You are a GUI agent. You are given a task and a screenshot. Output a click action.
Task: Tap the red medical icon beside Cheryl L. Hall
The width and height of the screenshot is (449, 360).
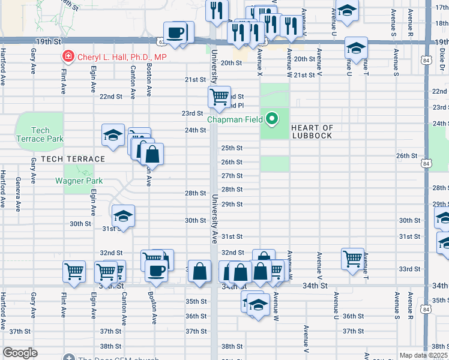pyautogui.click(x=68, y=57)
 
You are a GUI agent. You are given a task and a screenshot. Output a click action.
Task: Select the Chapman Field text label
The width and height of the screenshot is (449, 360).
pyautogui.click(x=235, y=119)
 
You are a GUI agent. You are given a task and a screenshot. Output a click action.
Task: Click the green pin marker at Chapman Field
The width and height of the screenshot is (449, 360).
pyautogui.click(x=273, y=119)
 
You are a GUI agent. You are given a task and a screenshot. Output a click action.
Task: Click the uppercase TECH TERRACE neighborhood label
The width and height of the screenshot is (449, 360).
pyautogui.click(x=65, y=159)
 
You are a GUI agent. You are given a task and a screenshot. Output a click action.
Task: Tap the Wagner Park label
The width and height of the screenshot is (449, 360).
pyautogui.click(x=79, y=181)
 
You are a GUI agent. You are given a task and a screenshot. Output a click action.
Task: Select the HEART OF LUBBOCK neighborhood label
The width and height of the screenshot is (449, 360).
pyautogui.click(x=312, y=131)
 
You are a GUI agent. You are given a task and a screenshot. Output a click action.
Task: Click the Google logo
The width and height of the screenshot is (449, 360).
pyautogui.click(x=20, y=353)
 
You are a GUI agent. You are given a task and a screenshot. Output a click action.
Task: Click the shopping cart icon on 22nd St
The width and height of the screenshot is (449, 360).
pyautogui.click(x=220, y=95)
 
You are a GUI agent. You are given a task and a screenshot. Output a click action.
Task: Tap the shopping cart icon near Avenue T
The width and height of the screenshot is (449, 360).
pyautogui.click(x=352, y=257)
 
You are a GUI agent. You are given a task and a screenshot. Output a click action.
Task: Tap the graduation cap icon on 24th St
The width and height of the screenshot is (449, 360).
pyautogui.click(x=112, y=136)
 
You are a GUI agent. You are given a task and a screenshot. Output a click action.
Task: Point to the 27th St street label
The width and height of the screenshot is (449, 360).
pyautogui.click(x=232, y=176)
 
